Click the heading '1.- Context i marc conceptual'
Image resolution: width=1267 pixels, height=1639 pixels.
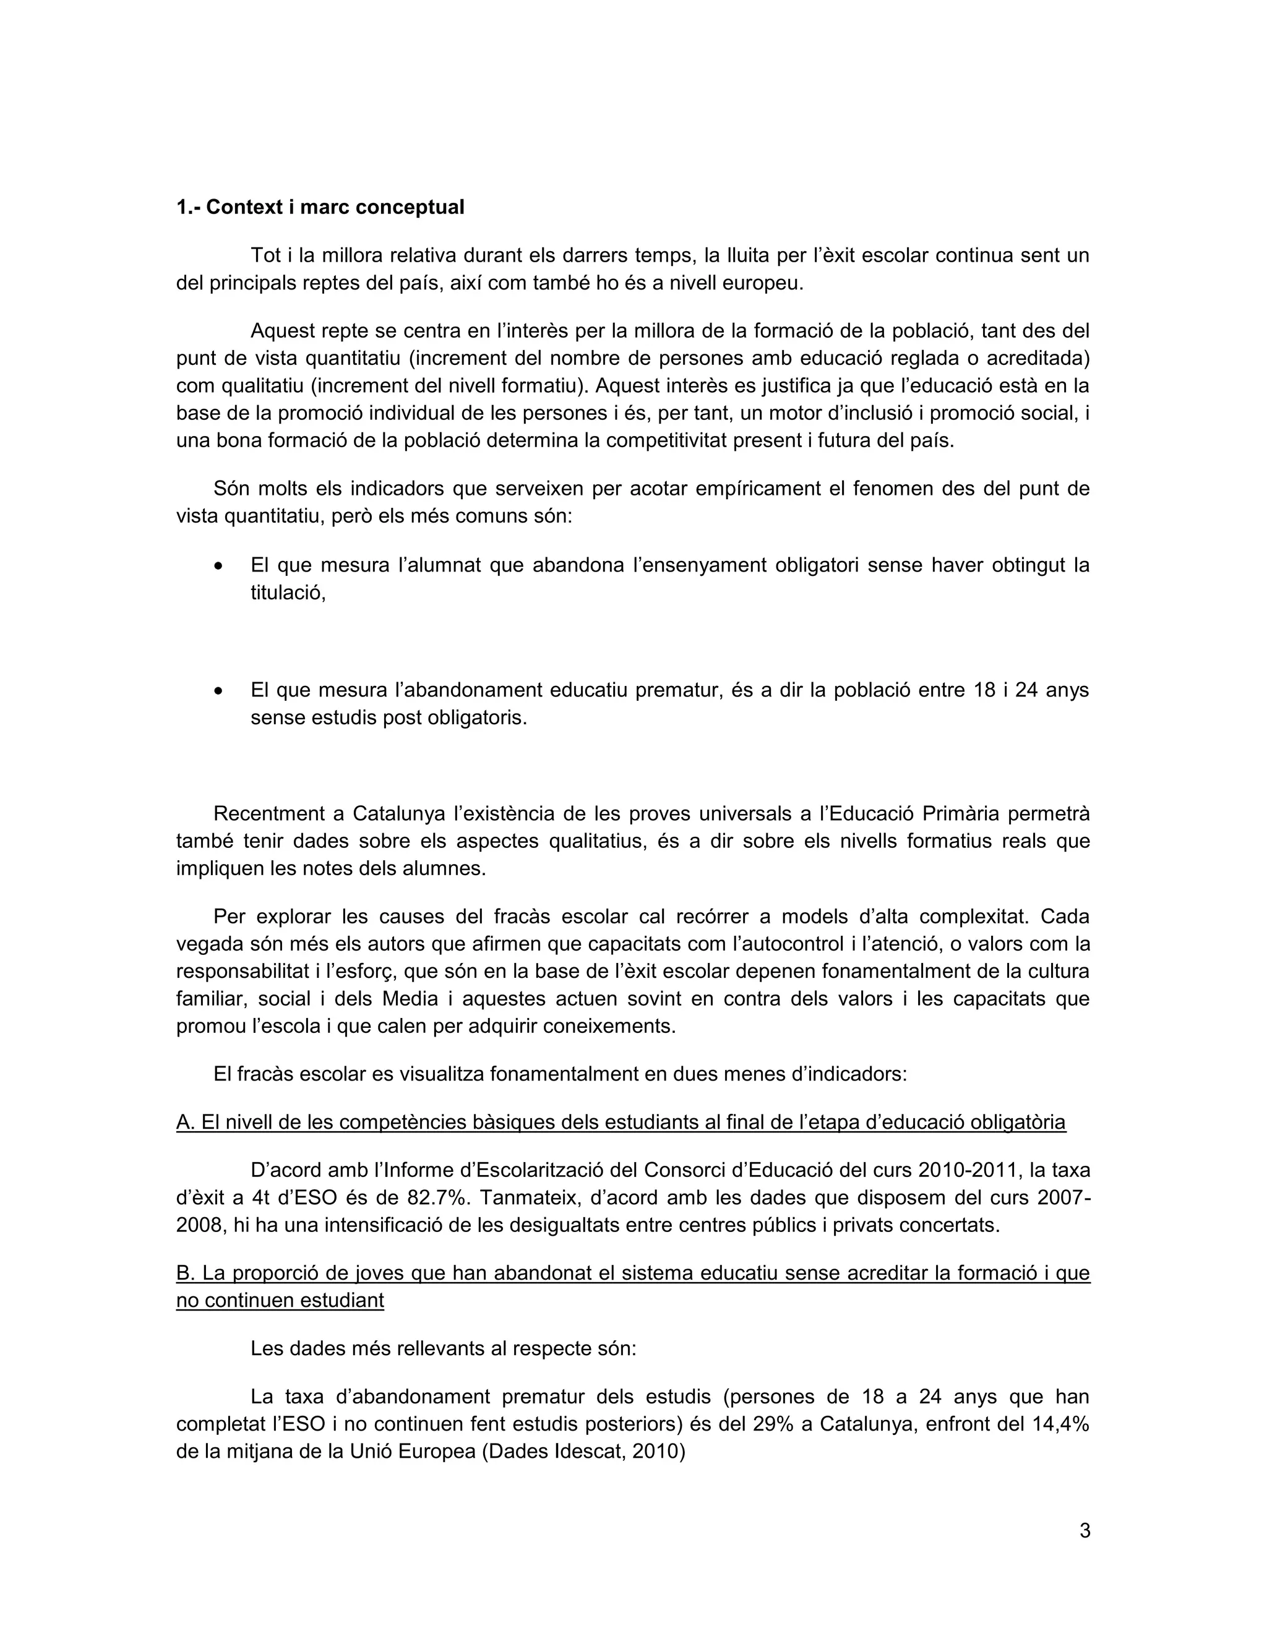coord(320,207)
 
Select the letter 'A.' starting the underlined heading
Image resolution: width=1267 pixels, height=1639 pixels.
coord(186,1122)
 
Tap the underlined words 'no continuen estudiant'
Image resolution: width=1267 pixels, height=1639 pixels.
coord(280,1301)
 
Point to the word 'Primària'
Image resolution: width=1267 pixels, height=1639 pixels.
coord(960,813)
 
